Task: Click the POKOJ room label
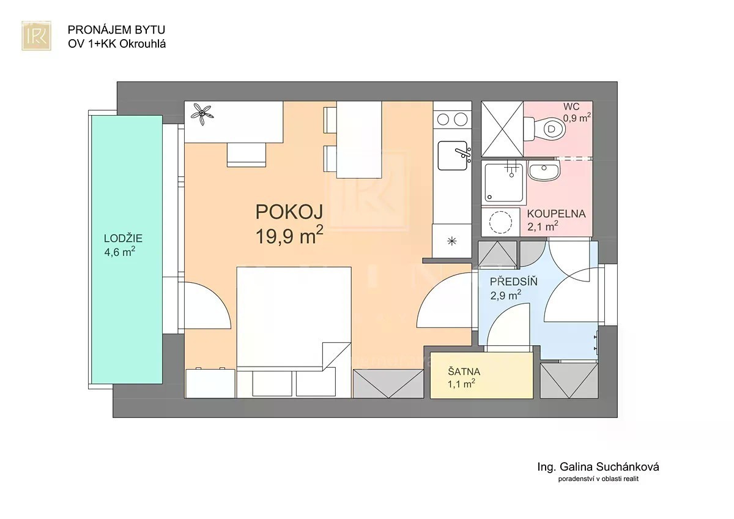point(289,212)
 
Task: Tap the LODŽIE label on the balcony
point(123,238)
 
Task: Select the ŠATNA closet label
point(464,372)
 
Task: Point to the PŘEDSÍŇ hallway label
point(513,282)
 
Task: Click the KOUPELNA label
point(556,214)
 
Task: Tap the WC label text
point(571,106)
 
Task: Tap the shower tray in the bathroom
point(503,182)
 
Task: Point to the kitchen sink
point(453,155)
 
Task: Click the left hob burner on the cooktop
point(443,120)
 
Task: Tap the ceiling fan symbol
point(202,114)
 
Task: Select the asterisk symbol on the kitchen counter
point(452,241)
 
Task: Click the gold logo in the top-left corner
point(36,35)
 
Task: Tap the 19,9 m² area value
point(289,235)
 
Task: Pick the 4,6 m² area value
point(120,252)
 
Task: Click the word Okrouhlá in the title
point(143,44)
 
